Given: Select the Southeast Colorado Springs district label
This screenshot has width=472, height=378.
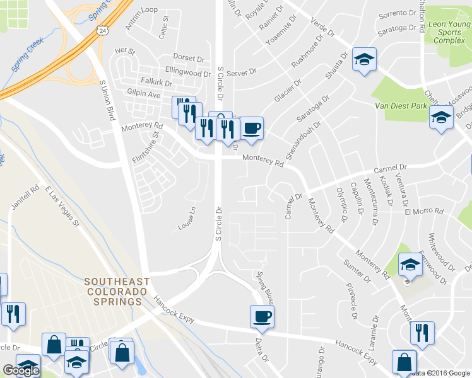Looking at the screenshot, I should click(117, 292).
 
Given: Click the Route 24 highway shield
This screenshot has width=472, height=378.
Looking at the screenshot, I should click(102, 30).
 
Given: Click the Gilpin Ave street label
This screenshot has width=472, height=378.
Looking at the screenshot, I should click(143, 94).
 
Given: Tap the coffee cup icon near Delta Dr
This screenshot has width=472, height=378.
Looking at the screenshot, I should click(262, 316).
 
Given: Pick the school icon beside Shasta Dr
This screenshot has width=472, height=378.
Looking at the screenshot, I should click(363, 60).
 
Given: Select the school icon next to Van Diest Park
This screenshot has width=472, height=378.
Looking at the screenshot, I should click(441, 117).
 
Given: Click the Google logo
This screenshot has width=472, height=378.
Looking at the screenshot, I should click(21, 370).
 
